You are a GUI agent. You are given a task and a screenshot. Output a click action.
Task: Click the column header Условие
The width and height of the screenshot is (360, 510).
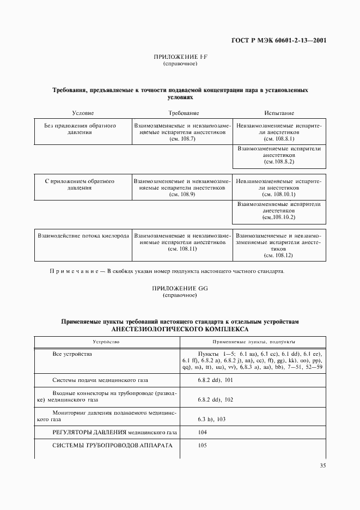[x=83, y=113]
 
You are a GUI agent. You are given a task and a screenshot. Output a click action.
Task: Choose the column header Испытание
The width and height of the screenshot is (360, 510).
[x=279, y=113]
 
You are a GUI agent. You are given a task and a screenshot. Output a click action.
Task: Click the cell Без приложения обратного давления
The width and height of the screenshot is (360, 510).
[x=80, y=129]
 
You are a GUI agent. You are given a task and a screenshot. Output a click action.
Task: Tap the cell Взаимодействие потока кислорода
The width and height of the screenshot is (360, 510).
[x=83, y=236]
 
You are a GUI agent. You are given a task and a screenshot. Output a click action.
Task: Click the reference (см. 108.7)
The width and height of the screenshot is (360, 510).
[x=182, y=139]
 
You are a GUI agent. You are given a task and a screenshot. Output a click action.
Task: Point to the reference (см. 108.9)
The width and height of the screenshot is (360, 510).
[x=182, y=194]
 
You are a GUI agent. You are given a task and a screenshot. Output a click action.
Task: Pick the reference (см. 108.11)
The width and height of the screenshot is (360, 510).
[x=182, y=248]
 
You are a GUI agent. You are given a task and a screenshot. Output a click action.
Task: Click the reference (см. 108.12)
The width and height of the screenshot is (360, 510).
[x=278, y=255]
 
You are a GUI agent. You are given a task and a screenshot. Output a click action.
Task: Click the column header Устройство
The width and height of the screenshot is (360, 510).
[x=106, y=342]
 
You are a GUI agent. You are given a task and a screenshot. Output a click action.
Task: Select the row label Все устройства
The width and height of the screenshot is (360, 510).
[x=72, y=354]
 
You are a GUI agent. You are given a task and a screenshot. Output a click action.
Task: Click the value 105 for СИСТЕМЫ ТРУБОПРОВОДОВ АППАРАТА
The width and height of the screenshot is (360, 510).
[x=203, y=445]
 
